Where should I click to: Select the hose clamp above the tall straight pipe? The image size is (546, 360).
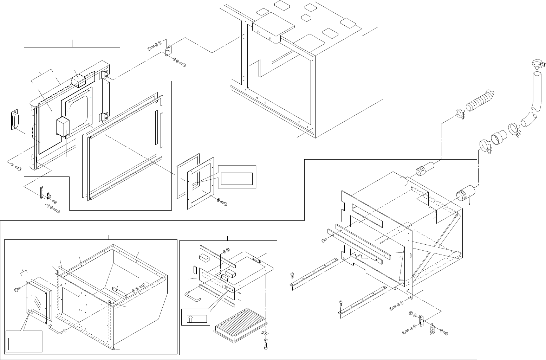538,64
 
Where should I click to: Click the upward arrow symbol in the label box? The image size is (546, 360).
190,319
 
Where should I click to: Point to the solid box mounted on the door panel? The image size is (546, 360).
63,127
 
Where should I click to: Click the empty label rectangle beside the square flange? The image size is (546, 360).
237,179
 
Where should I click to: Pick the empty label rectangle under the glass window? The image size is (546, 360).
24,343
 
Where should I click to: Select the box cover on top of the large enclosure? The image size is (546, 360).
273,30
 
